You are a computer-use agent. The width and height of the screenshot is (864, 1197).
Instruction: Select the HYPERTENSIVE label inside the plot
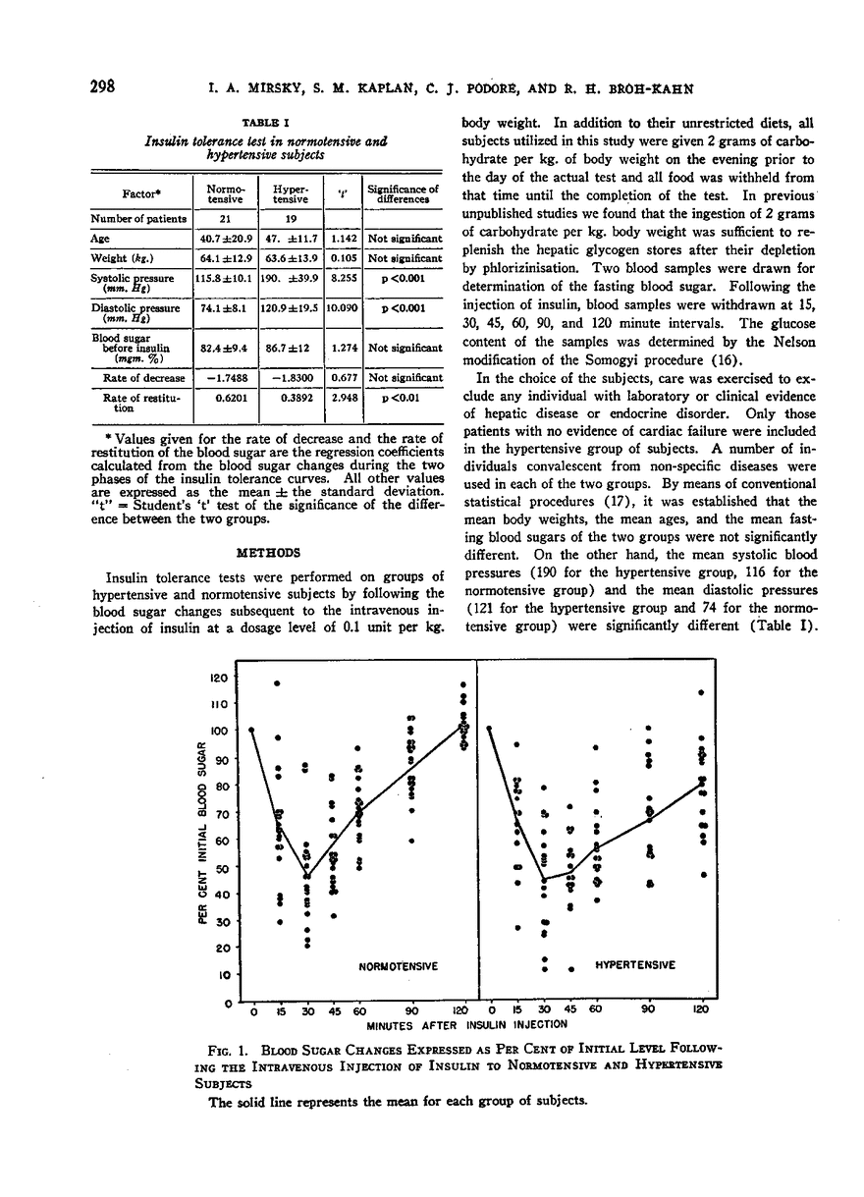coord(635,966)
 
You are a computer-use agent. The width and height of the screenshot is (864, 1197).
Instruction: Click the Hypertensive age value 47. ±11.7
coord(284,239)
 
